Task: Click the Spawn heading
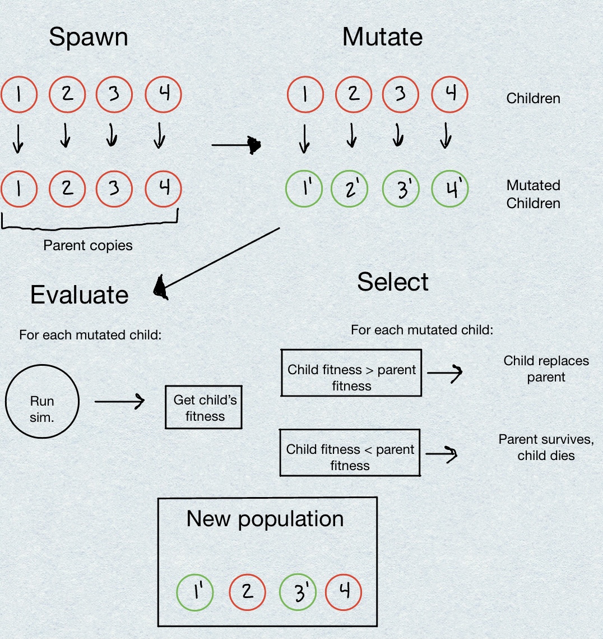coord(89,38)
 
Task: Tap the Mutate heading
coord(382,38)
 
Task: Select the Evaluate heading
coord(79,295)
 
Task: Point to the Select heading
coord(392,282)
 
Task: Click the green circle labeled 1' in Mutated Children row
coord(304,189)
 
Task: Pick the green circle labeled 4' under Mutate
coord(450,189)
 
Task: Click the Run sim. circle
coord(42,402)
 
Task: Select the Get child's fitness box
coord(204,407)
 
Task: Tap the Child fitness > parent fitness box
coord(351,373)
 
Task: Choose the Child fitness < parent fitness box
coord(350,453)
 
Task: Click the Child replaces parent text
coord(546,369)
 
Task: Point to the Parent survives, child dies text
coord(546,447)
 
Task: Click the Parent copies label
coord(88,246)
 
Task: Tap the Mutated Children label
coord(533,194)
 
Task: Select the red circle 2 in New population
coord(247,592)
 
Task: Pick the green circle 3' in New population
coord(298,592)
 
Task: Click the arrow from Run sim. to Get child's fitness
coord(119,401)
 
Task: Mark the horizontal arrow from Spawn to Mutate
coord(236,146)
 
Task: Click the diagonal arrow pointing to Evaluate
coord(219,260)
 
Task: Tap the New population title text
coord(265,519)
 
